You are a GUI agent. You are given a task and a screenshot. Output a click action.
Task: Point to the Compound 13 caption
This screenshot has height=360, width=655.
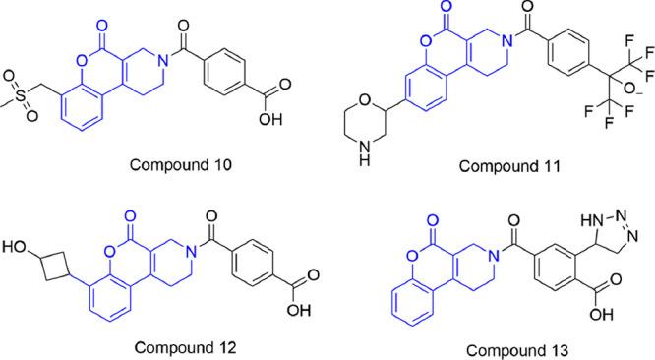pos(504,347)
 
